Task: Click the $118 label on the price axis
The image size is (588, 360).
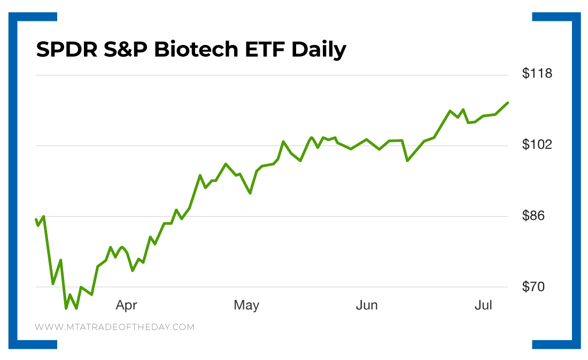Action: pyautogui.click(x=537, y=73)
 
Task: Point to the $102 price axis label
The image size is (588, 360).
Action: pyautogui.click(x=537, y=144)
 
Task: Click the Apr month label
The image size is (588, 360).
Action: pyautogui.click(x=127, y=306)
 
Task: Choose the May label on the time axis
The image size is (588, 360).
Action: pyautogui.click(x=246, y=305)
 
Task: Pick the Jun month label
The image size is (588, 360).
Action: pyautogui.click(x=367, y=305)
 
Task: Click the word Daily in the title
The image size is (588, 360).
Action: pyautogui.click(x=319, y=50)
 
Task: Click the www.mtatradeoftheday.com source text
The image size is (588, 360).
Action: pyautogui.click(x=114, y=327)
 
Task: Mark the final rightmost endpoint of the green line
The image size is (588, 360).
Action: pyautogui.click(x=508, y=103)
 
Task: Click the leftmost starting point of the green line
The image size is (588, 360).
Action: pyautogui.click(x=36, y=219)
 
